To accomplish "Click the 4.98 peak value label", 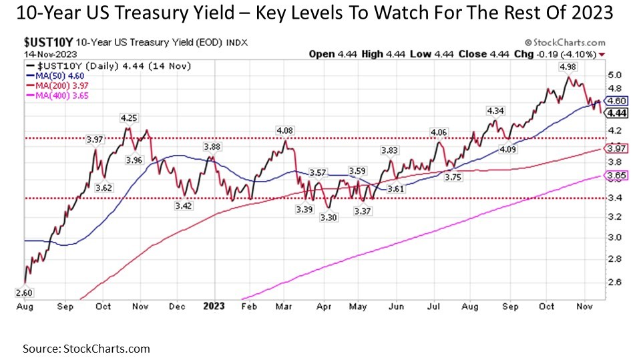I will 566,67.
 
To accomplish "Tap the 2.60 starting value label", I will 23,293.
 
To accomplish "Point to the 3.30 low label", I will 327,218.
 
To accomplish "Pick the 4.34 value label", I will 495,110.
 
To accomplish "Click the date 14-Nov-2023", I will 40,53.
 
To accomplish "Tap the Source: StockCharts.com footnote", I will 86,349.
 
